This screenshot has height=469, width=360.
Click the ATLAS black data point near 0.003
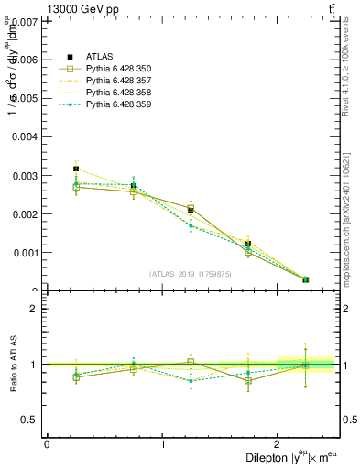pyautogui.click(x=76, y=169)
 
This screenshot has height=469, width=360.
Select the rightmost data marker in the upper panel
pyautogui.click(x=306, y=279)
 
